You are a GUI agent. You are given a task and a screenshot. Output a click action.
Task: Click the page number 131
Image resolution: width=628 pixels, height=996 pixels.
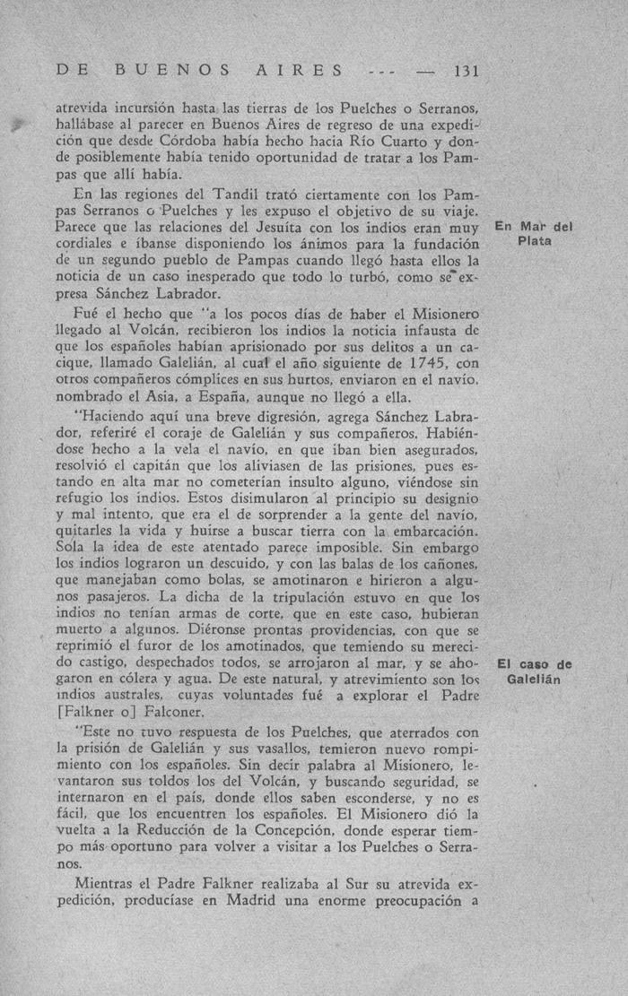(x=468, y=71)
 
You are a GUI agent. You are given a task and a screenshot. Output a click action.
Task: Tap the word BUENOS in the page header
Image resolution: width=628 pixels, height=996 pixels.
(x=172, y=71)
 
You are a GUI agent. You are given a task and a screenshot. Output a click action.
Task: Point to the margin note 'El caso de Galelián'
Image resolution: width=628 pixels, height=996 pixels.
(x=534, y=671)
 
